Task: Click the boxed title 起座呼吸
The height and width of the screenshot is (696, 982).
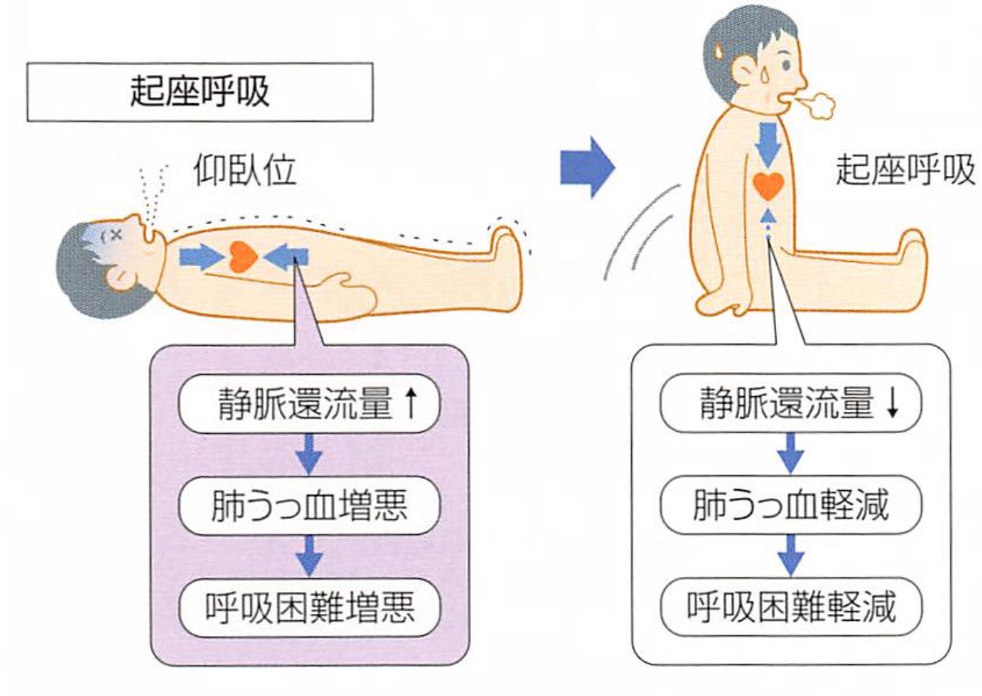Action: click(200, 92)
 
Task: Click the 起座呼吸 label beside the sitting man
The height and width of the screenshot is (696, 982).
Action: click(905, 170)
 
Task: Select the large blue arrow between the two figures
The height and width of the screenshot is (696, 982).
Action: click(588, 167)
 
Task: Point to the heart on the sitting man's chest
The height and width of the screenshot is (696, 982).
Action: click(768, 186)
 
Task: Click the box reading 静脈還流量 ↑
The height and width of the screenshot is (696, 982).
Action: click(309, 403)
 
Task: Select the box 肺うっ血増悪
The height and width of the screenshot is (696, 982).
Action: click(309, 505)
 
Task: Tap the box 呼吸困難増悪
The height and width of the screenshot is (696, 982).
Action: click(309, 608)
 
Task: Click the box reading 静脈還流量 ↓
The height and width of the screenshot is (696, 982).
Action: click(791, 402)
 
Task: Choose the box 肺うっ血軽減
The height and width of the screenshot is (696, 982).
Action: click(791, 504)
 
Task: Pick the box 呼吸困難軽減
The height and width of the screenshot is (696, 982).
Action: click(791, 607)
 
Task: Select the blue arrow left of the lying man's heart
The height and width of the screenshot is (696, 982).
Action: click(202, 257)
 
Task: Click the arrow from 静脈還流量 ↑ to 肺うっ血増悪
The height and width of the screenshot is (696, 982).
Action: click(309, 454)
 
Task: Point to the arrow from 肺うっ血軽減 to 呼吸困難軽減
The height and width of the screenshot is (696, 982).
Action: click(791, 556)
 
